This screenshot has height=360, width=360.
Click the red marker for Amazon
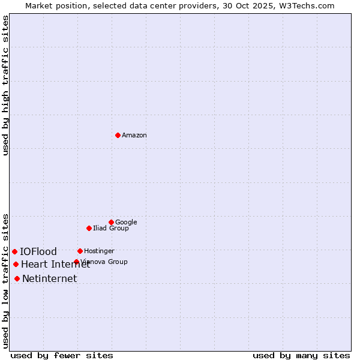pyautogui.click(x=118, y=135)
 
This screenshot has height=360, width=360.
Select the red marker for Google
pyautogui.click(x=111, y=222)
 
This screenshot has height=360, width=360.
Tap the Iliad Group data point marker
pyautogui.click(x=89, y=228)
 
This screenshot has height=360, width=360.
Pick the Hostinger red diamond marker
pyautogui.click(x=80, y=251)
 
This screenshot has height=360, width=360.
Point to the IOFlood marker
pyautogui.click(x=14, y=251)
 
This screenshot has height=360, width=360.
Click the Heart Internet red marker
pyautogui.click(x=16, y=264)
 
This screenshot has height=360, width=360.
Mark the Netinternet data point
pyautogui.click(x=17, y=278)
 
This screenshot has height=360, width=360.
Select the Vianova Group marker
pyautogui.click(x=76, y=262)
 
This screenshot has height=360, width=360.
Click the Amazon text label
pyautogui.click(x=134, y=136)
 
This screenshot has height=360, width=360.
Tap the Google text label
pyautogui.click(x=126, y=223)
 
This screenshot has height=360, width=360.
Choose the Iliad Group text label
pyautogui.click(x=111, y=229)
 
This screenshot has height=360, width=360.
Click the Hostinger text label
pyautogui.click(x=99, y=251)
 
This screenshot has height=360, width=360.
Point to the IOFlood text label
pyautogui.click(x=38, y=252)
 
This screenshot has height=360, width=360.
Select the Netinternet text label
pyautogui.click(x=49, y=279)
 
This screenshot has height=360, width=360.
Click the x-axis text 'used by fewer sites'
pyautogui.click(x=62, y=355)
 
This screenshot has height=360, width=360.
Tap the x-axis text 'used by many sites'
pyautogui.click(x=301, y=355)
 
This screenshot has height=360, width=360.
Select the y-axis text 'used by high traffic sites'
pyautogui.click(x=6, y=85)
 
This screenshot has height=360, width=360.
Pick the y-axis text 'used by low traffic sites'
pyautogui.click(x=6, y=280)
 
